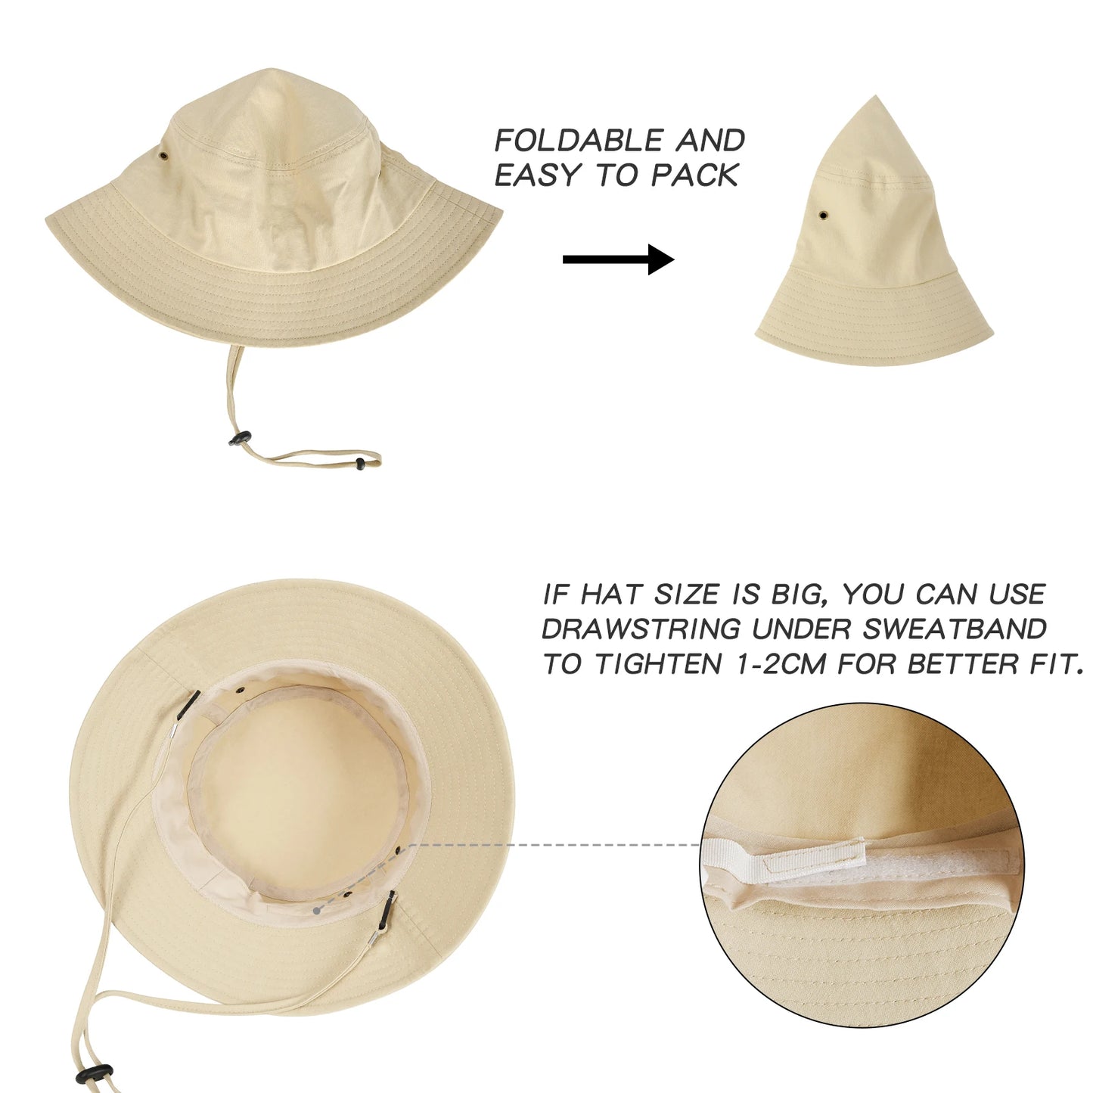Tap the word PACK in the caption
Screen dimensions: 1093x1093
pos(694,175)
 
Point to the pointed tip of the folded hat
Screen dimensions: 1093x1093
pos(876,98)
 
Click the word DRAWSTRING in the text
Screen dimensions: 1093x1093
pos(641,629)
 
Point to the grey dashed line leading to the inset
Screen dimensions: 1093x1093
pos(552,844)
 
